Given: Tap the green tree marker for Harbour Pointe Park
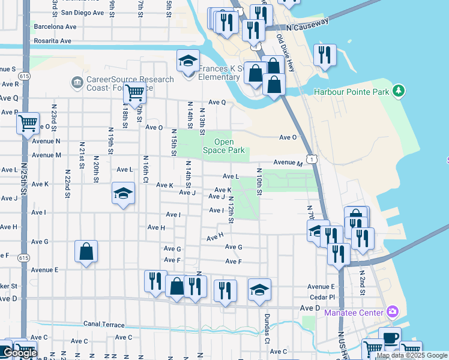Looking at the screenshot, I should point(398,91).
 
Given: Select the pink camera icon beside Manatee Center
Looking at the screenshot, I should point(393,311).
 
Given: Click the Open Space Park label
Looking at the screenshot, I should point(224,146).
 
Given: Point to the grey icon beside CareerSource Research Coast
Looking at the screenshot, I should point(76,82).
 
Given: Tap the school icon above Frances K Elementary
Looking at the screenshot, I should point(188,61).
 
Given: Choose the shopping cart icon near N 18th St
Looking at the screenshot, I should point(134,93).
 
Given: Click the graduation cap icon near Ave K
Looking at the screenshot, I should point(123,193).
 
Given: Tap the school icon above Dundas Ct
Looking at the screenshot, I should point(259,290).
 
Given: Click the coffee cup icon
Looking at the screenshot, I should point(390,338).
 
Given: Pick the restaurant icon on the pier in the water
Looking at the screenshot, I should point(325,55).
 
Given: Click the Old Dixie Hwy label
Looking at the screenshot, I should point(286,53).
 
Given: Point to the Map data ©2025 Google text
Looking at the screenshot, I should point(412,355).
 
